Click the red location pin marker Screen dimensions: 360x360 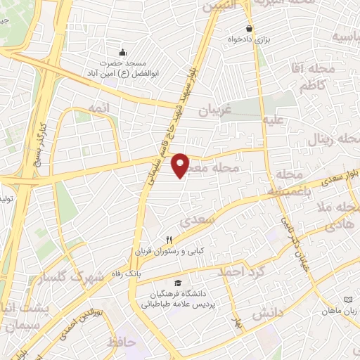click(181, 165)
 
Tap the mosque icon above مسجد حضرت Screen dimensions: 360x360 click(124, 52)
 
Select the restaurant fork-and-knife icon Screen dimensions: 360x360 click(169, 239)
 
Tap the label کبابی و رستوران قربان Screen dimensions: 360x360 click(169, 250)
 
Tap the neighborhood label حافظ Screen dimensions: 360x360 click(121, 342)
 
